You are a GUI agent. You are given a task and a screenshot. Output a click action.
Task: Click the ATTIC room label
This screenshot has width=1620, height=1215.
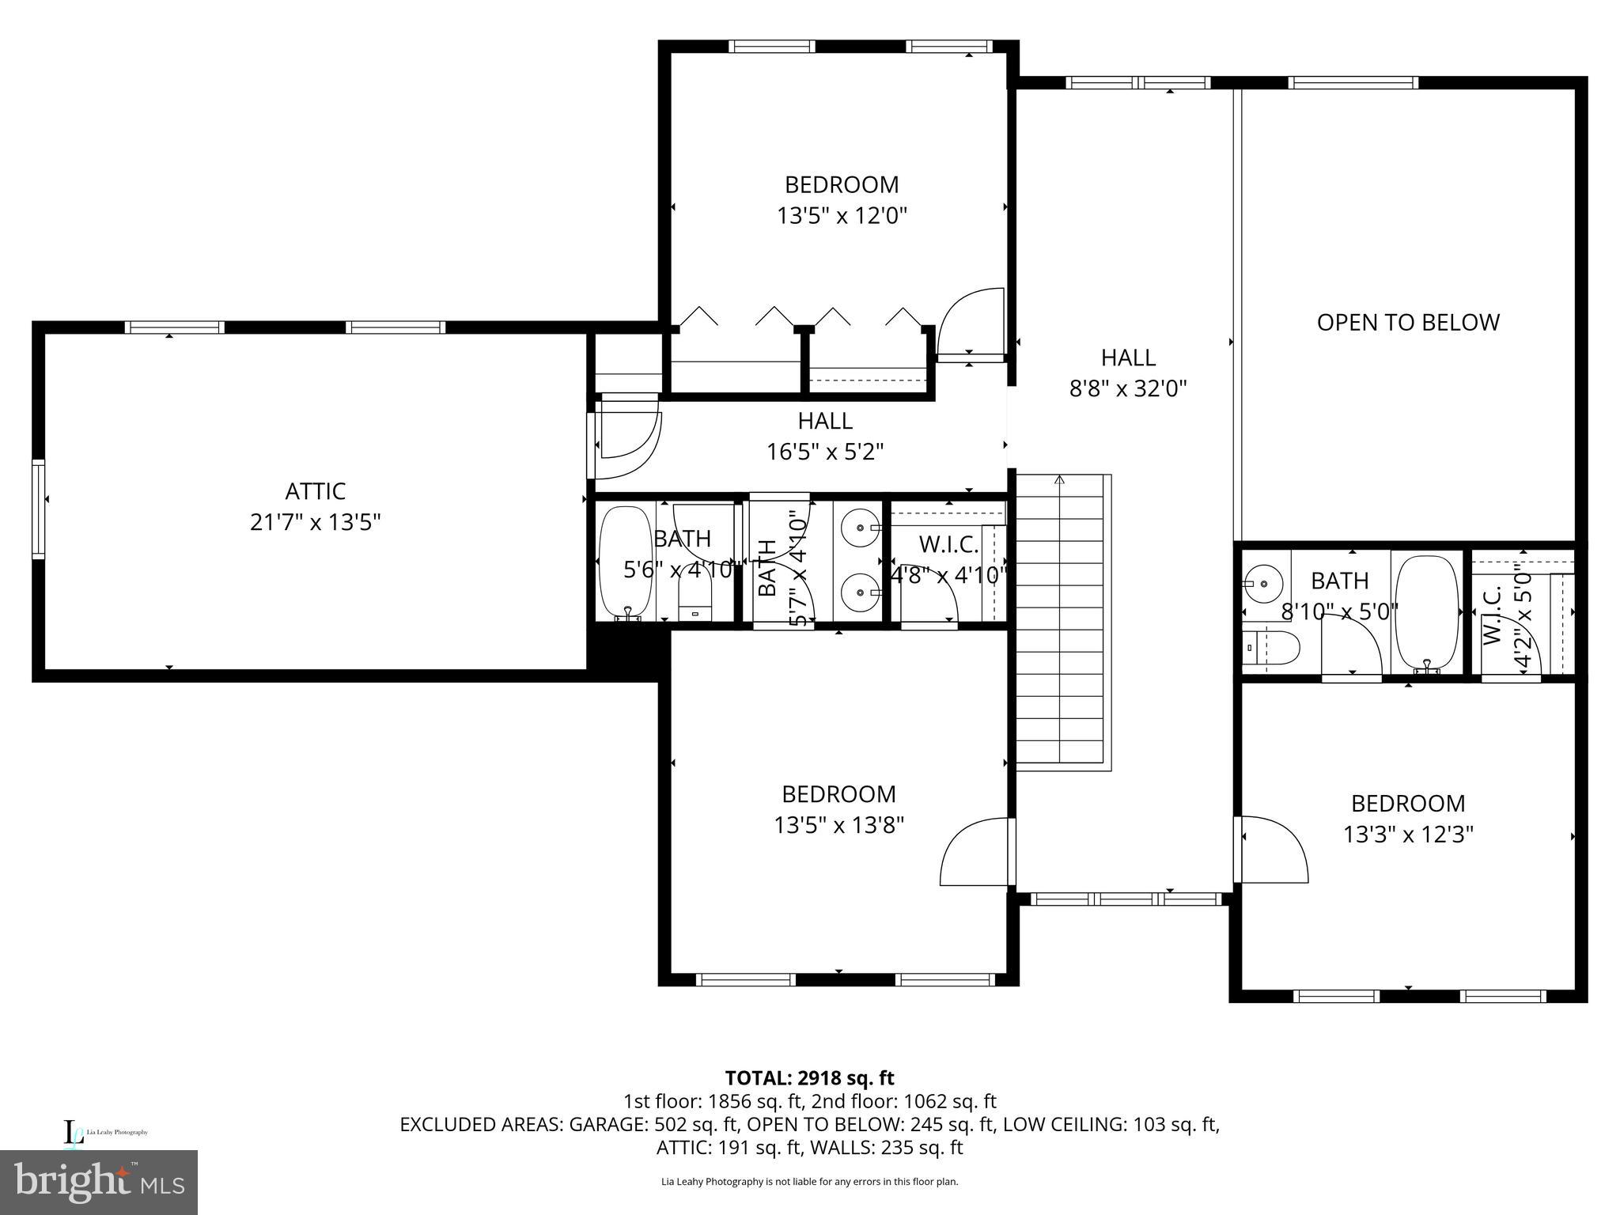316,491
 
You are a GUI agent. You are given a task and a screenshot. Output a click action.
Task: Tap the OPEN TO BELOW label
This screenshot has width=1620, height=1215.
1407,323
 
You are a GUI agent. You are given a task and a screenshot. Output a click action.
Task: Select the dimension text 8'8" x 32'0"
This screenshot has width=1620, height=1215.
1128,389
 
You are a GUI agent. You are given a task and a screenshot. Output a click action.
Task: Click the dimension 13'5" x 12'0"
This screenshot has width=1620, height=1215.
841,216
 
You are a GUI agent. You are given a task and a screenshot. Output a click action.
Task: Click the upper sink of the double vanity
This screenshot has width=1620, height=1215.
857,526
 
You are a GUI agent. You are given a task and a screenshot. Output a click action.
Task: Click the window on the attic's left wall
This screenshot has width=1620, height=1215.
38,509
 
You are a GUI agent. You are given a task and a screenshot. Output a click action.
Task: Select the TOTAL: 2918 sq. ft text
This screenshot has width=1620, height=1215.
809,1078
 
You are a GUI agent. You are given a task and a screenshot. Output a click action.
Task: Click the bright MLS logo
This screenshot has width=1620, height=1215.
99,1182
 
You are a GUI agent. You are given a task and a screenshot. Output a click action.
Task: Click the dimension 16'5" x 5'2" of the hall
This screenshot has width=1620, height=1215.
825,452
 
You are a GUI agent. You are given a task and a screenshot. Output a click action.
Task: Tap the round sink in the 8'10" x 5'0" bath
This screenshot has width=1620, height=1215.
1263,584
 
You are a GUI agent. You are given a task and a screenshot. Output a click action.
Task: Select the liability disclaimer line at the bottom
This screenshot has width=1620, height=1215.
809,1182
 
